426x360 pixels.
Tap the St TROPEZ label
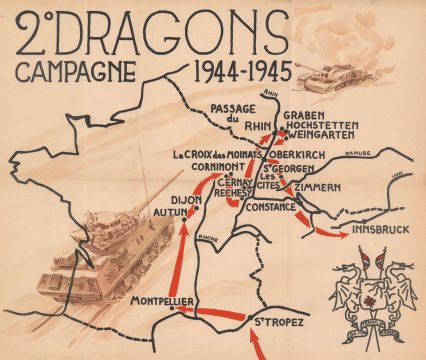pyautogui.click(x=277, y=321)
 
